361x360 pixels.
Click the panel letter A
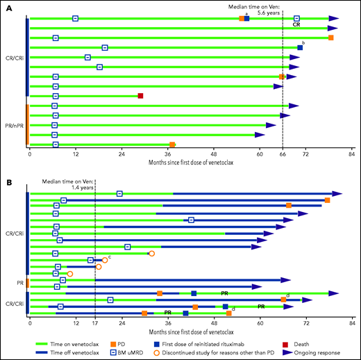8,6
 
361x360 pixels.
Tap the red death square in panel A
140,96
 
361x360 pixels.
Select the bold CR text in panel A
296,24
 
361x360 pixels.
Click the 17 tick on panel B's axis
95,323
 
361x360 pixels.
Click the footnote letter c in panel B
110,256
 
